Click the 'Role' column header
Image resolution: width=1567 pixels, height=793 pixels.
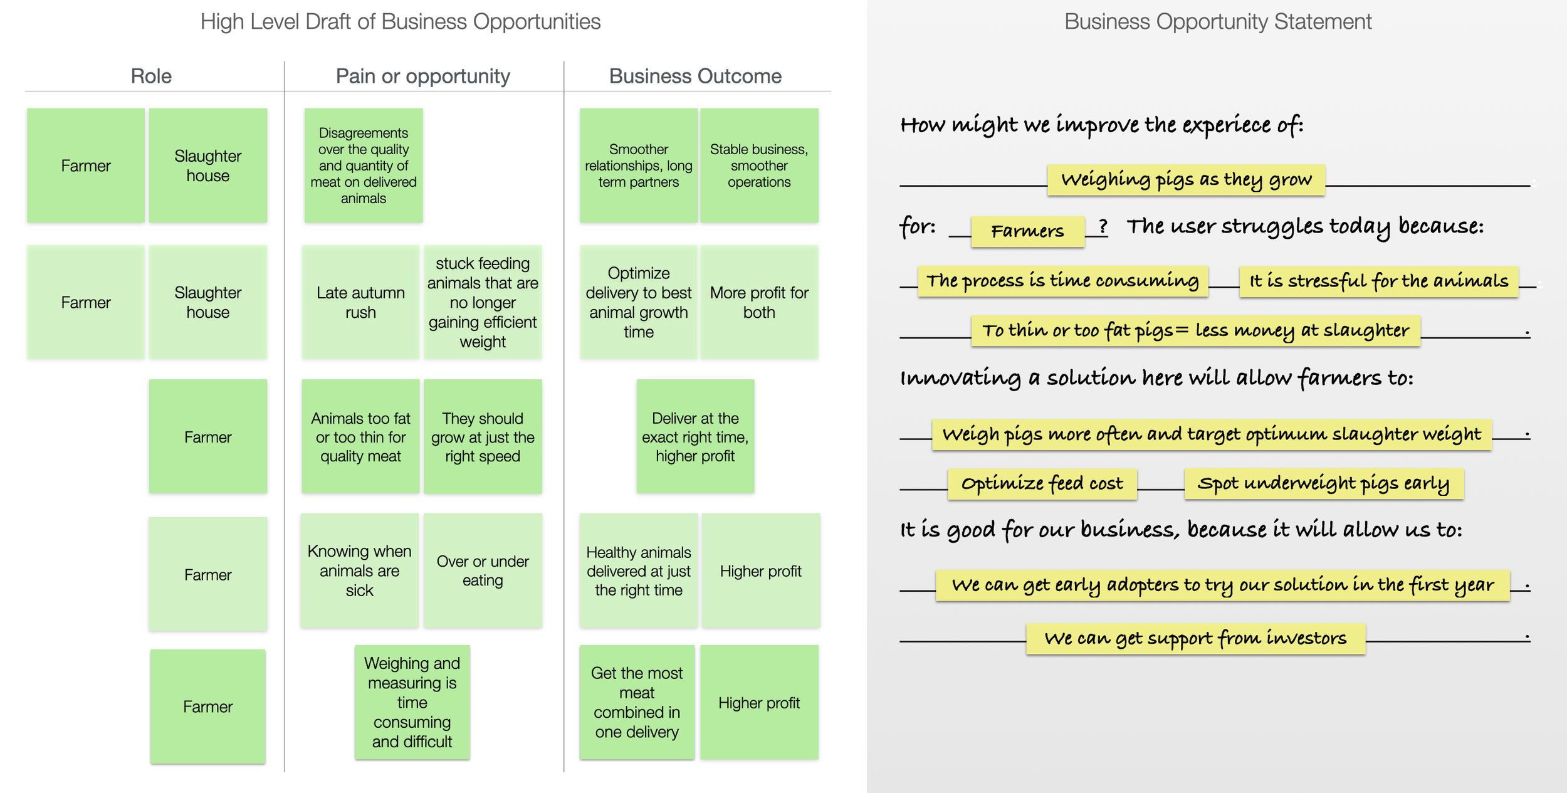[151, 76]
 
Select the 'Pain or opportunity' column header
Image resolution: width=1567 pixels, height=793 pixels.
[422, 76]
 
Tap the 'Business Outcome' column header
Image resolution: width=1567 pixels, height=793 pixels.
[695, 76]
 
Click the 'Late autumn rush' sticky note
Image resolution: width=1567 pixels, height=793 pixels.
[360, 302]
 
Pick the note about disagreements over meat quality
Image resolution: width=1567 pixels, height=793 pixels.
[364, 165]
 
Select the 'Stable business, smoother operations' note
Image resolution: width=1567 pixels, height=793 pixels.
[759, 165]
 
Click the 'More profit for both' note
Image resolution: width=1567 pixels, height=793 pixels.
[759, 302]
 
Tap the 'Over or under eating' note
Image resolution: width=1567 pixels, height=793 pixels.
[483, 570]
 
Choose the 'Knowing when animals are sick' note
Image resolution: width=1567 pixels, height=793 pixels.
[359, 570]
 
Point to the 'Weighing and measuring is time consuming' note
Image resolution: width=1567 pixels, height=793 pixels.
[412, 702]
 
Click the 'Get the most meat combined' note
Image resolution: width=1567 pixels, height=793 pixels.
[637, 702]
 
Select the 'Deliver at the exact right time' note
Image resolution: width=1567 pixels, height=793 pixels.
[695, 436]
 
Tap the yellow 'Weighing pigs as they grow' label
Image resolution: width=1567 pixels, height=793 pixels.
[1186, 180]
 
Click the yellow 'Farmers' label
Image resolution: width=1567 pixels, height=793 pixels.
[1027, 231]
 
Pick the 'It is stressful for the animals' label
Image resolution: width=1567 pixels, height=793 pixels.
[1378, 281]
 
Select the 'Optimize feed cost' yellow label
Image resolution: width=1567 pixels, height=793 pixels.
[1042, 483]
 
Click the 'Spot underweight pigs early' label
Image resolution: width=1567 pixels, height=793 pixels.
[1323, 483]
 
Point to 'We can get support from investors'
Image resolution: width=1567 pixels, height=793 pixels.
[1195, 638]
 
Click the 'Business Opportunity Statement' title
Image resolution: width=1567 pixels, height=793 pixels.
[1217, 22]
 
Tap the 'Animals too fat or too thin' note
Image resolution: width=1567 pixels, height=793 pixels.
[360, 436]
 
